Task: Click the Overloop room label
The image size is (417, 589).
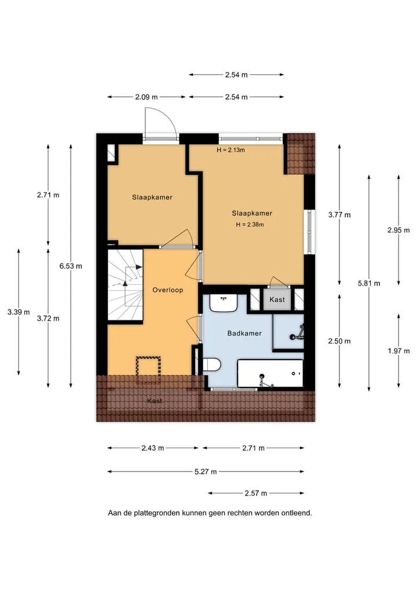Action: pyautogui.click(x=167, y=290)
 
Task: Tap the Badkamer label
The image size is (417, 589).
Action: pyautogui.click(x=244, y=333)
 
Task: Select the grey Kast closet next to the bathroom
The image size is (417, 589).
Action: pyautogui.click(x=277, y=299)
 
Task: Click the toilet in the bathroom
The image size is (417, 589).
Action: pyautogui.click(x=211, y=364)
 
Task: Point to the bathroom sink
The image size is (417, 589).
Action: pyautogui.click(x=223, y=303)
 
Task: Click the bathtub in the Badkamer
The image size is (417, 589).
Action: pyautogui.click(x=270, y=374)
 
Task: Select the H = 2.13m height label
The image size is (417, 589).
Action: pyautogui.click(x=231, y=150)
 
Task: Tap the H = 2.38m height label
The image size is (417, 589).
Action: pyautogui.click(x=250, y=225)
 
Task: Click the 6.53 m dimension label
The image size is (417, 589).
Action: pyautogui.click(x=71, y=266)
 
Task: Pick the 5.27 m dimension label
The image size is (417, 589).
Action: pyautogui.click(x=206, y=471)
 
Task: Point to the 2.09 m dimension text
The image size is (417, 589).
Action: pyautogui.click(x=147, y=97)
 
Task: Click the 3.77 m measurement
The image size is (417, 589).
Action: pyautogui.click(x=339, y=215)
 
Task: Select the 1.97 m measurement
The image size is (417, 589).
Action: pyautogui.click(x=398, y=351)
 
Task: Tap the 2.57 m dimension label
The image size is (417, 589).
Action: pyautogui.click(x=256, y=493)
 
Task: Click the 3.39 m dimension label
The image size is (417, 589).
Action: pyautogui.click(x=19, y=312)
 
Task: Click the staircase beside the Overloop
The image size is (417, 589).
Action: pyautogui.click(x=126, y=286)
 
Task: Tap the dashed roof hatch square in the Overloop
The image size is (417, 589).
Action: pyautogui.click(x=148, y=370)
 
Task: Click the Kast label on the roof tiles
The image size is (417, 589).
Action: pyautogui.click(x=155, y=401)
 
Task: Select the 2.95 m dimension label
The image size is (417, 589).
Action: pyautogui.click(x=398, y=230)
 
